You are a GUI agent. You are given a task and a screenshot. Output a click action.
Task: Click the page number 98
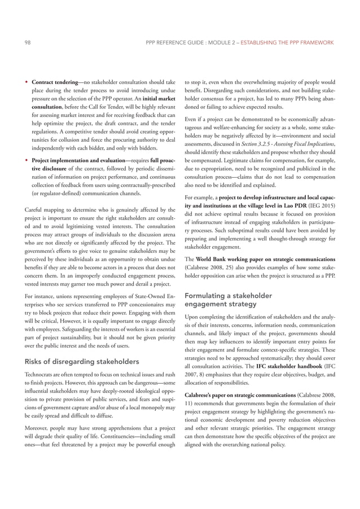28,43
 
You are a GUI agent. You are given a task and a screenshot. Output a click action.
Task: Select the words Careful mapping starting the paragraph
47,210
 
